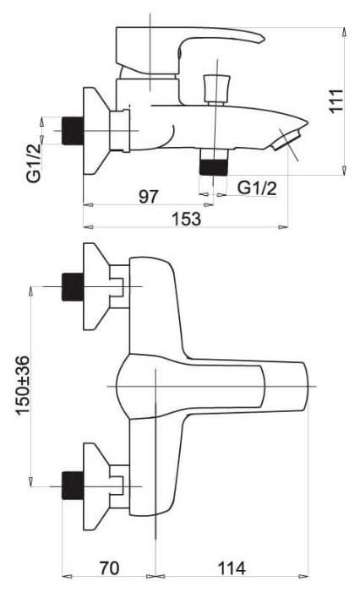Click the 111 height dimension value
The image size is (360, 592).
pyautogui.click(x=336, y=100)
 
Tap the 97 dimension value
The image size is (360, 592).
pyautogui.click(x=149, y=196)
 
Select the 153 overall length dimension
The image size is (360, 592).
pyautogui.click(x=187, y=219)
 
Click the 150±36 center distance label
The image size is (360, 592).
pyautogui.click(x=22, y=385)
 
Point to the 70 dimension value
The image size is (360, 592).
pyautogui.click(x=109, y=568)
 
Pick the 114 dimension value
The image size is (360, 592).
pyautogui.click(x=232, y=568)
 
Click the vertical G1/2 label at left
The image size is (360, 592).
pyautogui.click(x=34, y=163)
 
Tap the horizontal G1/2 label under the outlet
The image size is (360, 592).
pyautogui.click(x=258, y=187)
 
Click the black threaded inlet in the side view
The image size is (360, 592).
pyautogui.click(x=72, y=131)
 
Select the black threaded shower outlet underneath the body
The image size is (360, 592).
pyautogui.click(x=213, y=167)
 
